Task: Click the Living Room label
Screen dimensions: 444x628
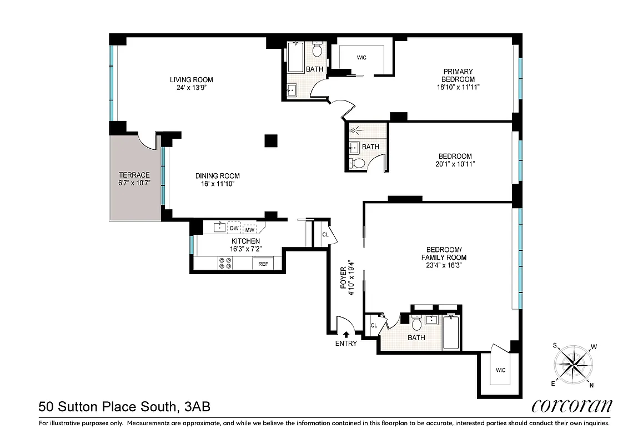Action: (191, 79)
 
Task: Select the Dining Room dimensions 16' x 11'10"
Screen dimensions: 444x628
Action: (217, 184)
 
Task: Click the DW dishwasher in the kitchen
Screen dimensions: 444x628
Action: (234, 228)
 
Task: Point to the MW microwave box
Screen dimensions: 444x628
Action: (250, 229)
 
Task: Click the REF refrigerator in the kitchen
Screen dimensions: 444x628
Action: (263, 264)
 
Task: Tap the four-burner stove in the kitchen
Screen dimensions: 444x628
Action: (225, 263)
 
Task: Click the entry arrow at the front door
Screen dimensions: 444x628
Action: (346, 334)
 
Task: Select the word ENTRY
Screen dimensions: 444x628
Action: (346, 343)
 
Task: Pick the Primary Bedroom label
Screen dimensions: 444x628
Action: (458, 75)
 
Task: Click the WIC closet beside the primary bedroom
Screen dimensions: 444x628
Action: (361, 58)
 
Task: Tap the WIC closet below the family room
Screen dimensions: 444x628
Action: (500, 370)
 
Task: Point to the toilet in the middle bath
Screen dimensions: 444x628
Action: (358, 163)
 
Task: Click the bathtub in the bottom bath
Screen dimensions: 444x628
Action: (451, 332)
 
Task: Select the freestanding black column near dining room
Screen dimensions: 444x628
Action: (270, 140)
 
